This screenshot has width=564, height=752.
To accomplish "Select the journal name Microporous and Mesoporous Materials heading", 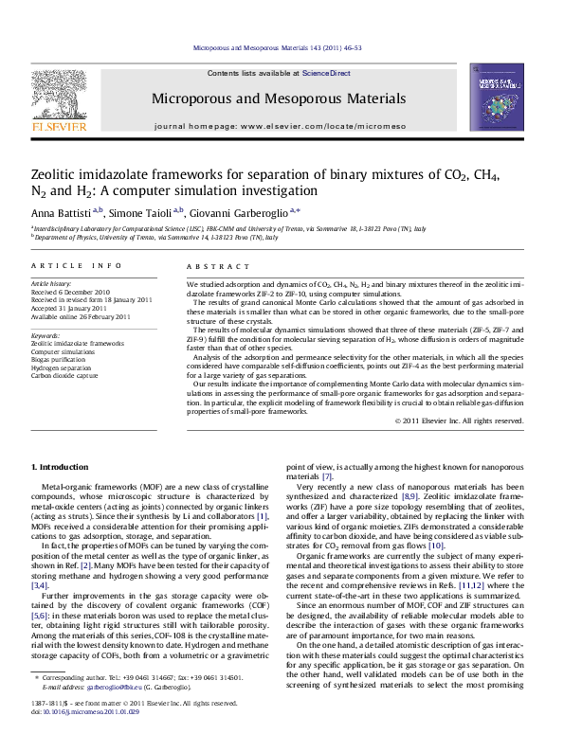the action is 280,98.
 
